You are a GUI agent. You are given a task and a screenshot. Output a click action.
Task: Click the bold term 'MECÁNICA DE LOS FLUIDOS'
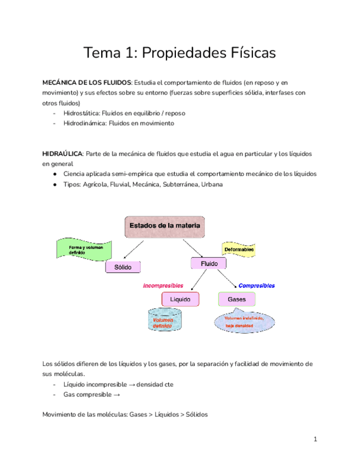click(87, 82)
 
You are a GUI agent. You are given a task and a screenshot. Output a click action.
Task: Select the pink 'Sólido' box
click(123, 267)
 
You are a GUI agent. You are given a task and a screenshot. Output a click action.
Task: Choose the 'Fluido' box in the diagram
click(208, 264)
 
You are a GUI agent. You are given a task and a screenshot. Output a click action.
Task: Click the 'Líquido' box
click(180, 299)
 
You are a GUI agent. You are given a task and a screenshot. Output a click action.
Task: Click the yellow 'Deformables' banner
click(239, 249)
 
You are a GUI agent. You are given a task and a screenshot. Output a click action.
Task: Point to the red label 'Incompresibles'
click(163, 286)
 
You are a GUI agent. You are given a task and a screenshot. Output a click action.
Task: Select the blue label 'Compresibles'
click(256, 286)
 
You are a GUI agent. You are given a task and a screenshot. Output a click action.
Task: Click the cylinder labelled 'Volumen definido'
click(164, 320)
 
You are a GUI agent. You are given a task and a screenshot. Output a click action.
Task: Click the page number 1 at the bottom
click(315, 439)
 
